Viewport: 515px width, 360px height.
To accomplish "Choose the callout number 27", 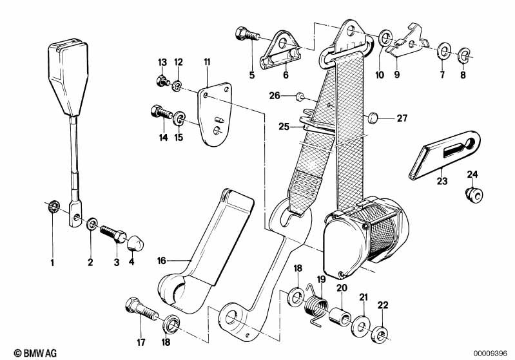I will pos(402,118).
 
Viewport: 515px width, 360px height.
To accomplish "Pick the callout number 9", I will pos(397,75).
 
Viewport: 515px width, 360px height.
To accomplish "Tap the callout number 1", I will pos(52,262).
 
